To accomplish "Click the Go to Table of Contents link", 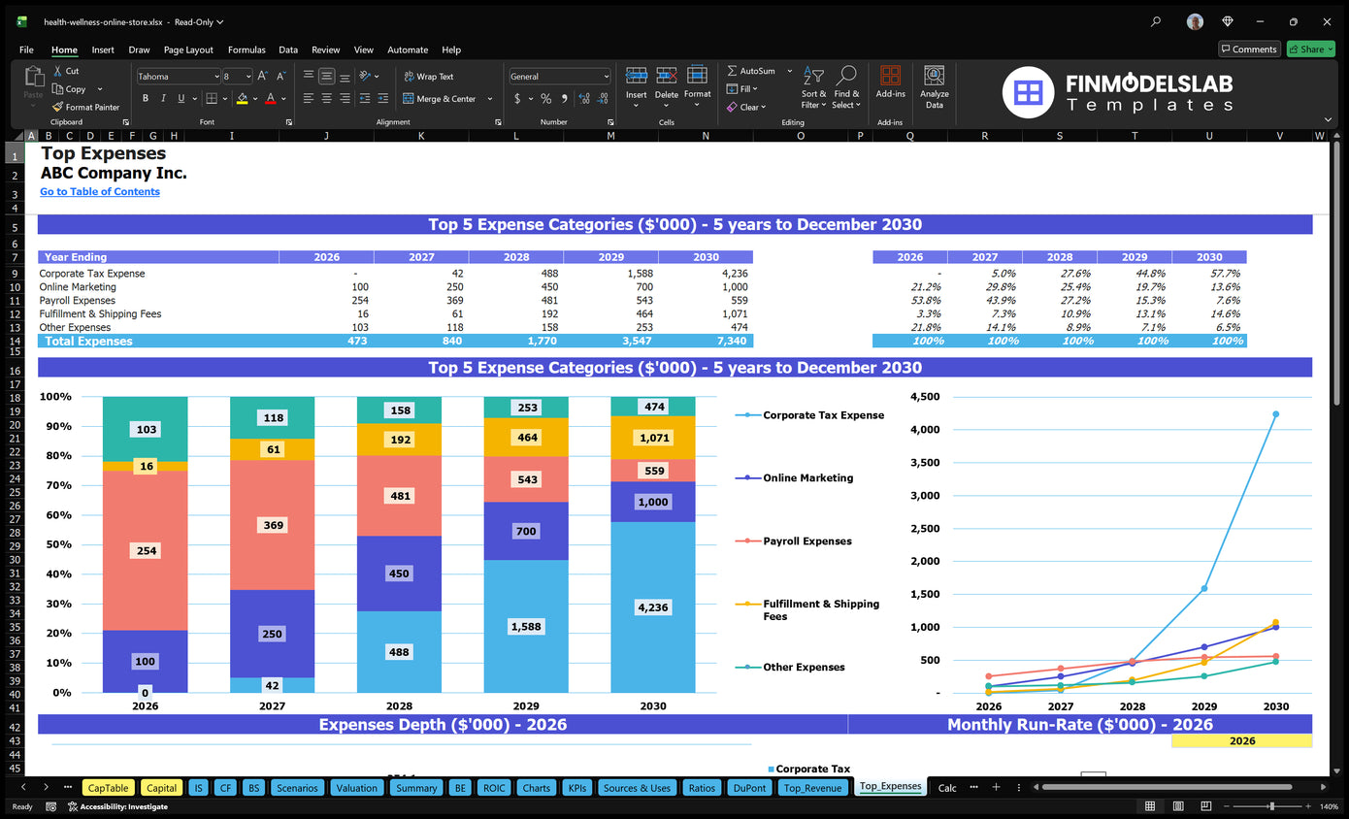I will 100,192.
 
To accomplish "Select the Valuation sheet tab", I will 356,788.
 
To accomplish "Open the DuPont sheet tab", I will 750,788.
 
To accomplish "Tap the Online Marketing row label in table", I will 78,287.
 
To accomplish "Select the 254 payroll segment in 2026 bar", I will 145,551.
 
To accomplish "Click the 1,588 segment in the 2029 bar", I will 526,626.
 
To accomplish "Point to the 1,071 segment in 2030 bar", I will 653,439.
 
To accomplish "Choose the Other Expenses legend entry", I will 803,668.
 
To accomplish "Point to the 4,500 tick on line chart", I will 925,397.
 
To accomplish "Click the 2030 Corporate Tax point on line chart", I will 1275,414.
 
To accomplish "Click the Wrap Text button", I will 428,77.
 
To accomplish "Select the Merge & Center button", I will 445,99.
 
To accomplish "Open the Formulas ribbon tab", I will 247,49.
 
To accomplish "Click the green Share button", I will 1309,49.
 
